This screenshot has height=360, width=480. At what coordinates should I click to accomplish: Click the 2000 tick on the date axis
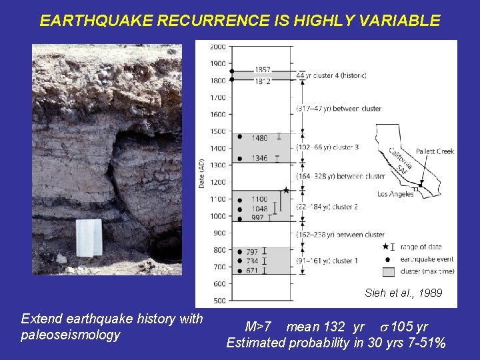[218, 47]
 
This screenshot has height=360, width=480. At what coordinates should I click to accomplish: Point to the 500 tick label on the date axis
[218, 301]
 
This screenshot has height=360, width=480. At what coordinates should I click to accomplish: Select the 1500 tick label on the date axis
[218, 131]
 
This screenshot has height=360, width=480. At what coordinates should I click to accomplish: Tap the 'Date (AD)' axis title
[202, 173]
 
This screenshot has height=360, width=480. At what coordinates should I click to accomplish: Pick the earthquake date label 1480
[259, 138]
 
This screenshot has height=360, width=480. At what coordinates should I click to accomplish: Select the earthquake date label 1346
[259, 159]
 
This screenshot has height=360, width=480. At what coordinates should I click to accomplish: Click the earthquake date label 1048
[259, 208]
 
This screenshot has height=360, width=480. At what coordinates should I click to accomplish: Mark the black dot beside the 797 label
[240, 252]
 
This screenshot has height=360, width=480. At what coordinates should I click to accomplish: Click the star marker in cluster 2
[286, 191]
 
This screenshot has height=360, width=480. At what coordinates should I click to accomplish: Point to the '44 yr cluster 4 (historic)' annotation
[331, 75]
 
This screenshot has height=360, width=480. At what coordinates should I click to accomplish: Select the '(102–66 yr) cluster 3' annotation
[328, 147]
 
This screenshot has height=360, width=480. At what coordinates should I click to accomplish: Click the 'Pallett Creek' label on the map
[434, 151]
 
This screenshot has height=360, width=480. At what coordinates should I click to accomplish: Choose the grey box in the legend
[388, 271]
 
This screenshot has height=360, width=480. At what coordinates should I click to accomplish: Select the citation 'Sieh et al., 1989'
[403, 293]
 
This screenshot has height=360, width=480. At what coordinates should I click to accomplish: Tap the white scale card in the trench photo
[89, 237]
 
